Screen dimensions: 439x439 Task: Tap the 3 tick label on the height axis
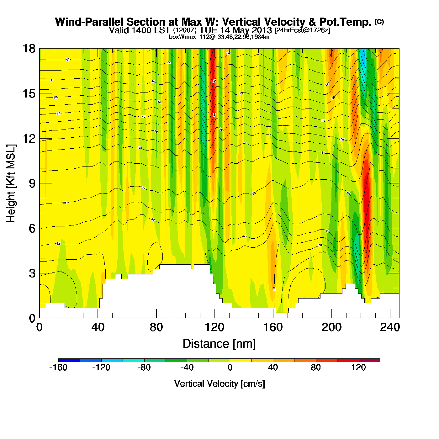pyautogui.click(x=32, y=273)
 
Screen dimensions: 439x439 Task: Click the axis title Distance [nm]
pyautogui.click(x=219, y=344)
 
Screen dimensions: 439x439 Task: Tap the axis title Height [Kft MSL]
pyautogui.click(x=11, y=183)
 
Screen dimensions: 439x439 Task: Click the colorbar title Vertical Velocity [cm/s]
pyautogui.click(x=219, y=383)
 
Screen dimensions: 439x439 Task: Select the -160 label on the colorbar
pyautogui.click(x=58, y=368)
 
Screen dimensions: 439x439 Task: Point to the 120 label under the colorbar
pyautogui.click(x=359, y=368)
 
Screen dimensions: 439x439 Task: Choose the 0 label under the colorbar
pyautogui.click(x=230, y=368)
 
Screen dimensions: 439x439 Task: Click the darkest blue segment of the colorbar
pyautogui.click(x=69, y=360)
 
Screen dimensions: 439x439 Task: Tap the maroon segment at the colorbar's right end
pyautogui.click(x=369, y=360)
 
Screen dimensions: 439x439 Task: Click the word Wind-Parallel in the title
pyautogui.click(x=89, y=22)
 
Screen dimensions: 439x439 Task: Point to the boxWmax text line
pyautogui.click(x=219, y=37)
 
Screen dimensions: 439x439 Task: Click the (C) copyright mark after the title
pyautogui.click(x=379, y=22)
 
